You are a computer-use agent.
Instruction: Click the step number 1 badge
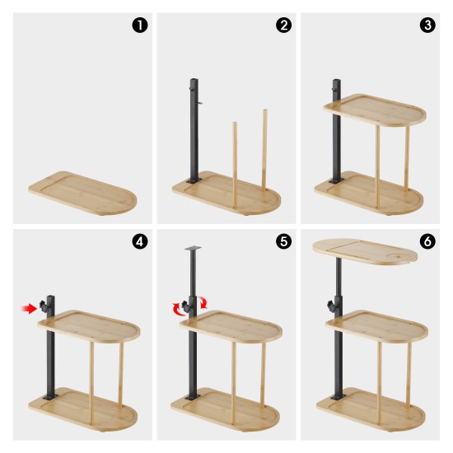coord(140,26)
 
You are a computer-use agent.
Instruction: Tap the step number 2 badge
coord(283,26)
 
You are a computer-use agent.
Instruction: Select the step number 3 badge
coord(427,26)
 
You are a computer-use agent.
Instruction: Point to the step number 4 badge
coord(140,241)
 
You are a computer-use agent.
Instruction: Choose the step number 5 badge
coord(283,241)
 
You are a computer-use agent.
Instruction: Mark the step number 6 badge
coord(427,241)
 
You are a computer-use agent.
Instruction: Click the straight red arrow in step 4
coord(29,309)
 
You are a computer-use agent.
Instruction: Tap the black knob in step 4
coord(44,306)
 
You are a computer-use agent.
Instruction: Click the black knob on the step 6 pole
coord(331,306)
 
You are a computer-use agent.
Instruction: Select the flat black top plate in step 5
coord(193,248)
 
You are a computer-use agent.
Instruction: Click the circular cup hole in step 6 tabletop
coord(399,256)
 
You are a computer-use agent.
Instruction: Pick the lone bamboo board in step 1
coord(82,193)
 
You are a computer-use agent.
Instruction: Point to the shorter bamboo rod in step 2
coord(235,165)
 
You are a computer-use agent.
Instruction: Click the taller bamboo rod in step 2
coord(264,150)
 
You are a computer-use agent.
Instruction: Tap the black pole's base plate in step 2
coord(194,180)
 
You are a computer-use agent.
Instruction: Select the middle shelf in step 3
coord(375,110)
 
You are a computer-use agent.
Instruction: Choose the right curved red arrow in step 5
coord(203,302)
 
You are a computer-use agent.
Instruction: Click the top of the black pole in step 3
coord(337,81)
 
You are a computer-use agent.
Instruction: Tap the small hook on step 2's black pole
coord(199,103)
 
